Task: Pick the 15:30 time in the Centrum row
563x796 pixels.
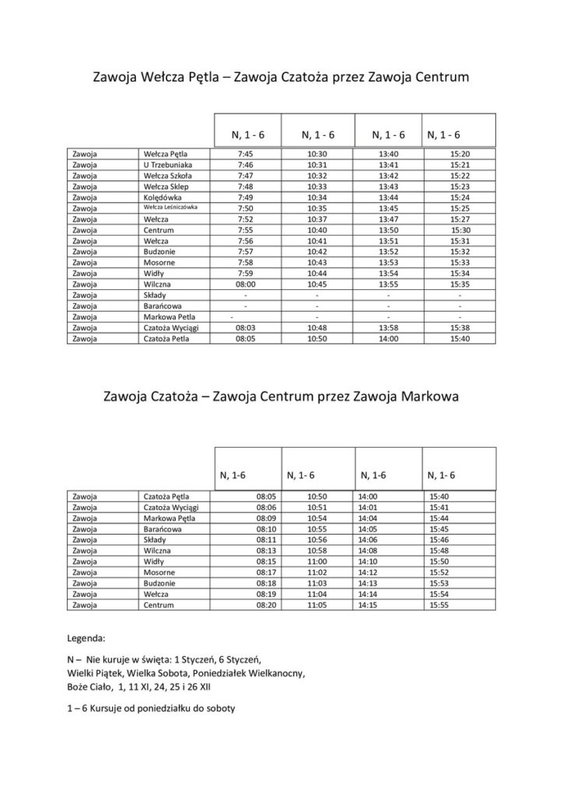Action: [461, 231]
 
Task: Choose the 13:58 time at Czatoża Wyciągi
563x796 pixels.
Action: [388, 329]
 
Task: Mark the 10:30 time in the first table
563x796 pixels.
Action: [316, 154]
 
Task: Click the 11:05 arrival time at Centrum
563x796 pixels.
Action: [317, 605]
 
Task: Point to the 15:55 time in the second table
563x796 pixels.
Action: [439, 605]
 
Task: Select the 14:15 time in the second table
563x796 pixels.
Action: [367, 605]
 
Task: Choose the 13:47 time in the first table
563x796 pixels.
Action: [388, 220]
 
